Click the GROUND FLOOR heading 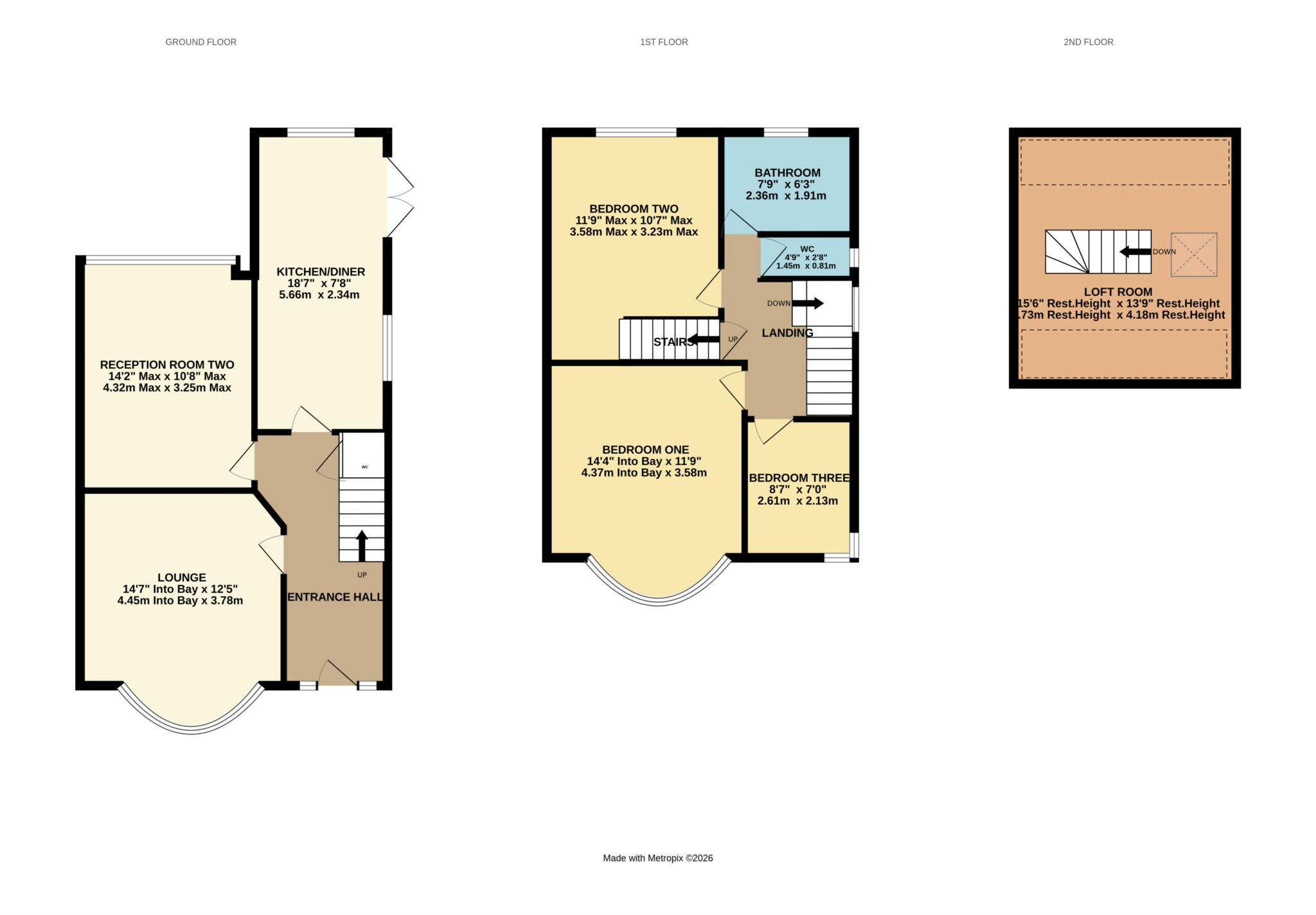tap(200, 42)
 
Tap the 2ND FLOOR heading tap(1088, 42)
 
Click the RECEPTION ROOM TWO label tap(167, 365)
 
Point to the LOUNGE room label tap(182, 577)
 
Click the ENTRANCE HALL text tap(335, 597)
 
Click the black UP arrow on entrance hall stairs tap(362, 546)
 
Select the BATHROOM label tap(787, 173)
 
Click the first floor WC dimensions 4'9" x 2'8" tap(806, 257)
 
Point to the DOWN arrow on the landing tap(808, 303)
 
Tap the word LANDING tap(787, 333)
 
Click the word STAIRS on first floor tap(673, 342)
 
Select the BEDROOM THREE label tap(799, 478)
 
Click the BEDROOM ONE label tap(645, 449)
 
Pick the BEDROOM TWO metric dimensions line tap(634, 232)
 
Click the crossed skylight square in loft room tap(1193, 254)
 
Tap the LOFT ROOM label tap(1117, 292)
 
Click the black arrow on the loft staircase tap(1135, 252)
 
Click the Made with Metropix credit tap(657, 858)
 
